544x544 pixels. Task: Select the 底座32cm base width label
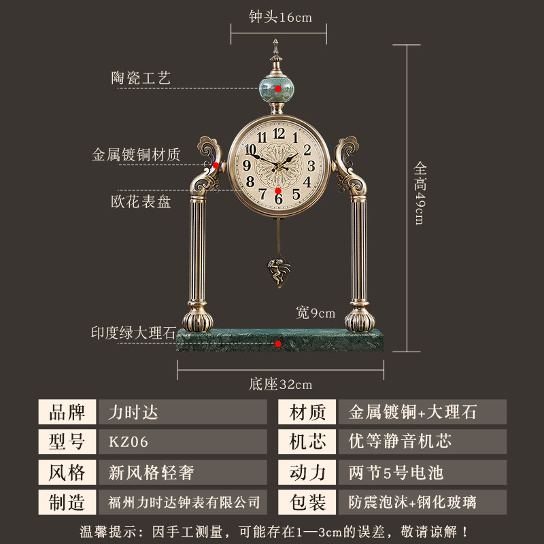point(279,384)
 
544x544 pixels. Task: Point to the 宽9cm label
point(316,313)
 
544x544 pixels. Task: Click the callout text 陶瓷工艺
point(141,78)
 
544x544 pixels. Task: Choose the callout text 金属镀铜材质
point(136,155)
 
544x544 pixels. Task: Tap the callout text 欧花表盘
point(141,202)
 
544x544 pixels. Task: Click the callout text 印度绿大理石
point(134,333)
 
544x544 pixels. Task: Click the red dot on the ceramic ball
point(278,89)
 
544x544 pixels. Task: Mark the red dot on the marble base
point(279,344)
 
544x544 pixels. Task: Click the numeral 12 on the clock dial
point(279,133)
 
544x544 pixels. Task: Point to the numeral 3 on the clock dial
point(311,165)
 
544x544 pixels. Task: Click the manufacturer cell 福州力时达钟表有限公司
point(182,502)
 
